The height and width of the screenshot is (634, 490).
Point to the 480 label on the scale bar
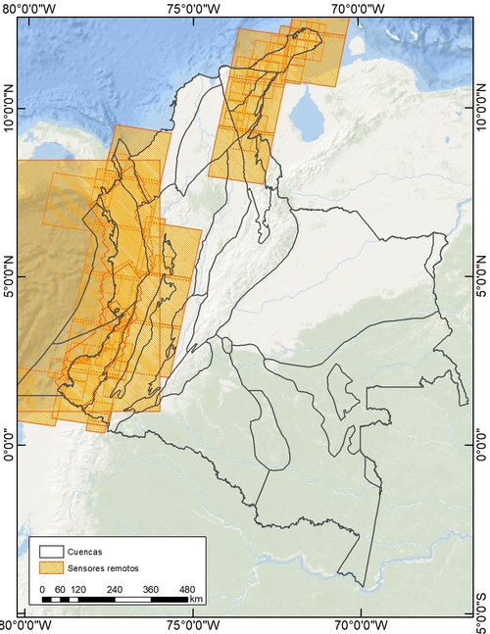point(187,588)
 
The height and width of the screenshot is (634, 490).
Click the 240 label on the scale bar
point(114,588)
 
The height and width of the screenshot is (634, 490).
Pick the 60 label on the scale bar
point(61,588)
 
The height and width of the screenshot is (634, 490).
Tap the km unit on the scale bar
point(196,598)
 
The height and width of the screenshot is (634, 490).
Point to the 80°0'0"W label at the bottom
point(27,625)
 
